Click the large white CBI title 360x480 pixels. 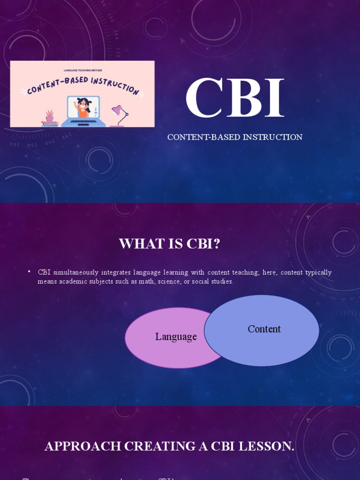pyautogui.click(x=234, y=99)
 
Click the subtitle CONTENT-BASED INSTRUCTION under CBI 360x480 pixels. pyautogui.click(x=235, y=137)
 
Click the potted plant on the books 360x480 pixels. pyautogui.click(x=50, y=116)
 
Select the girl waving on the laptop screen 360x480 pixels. pyautogui.click(x=83, y=108)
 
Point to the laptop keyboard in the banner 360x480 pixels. pyautogui.click(x=83, y=121)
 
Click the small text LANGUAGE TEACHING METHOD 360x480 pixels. pyautogui.click(x=82, y=70)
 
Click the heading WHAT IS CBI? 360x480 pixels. pyautogui.click(x=169, y=244)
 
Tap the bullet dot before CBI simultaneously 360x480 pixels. pyautogui.click(x=29, y=272)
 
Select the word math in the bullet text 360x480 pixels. pyautogui.click(x=147, y=282)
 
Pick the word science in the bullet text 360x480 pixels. pyautogui.click(x=170, y=282)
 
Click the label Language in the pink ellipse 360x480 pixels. pyautogui.click(x=176, y=337)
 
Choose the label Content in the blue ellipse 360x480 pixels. pyautogui.click(x=264, y=329)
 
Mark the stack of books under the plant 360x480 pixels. pyautogui.click(x=50, y=124)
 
